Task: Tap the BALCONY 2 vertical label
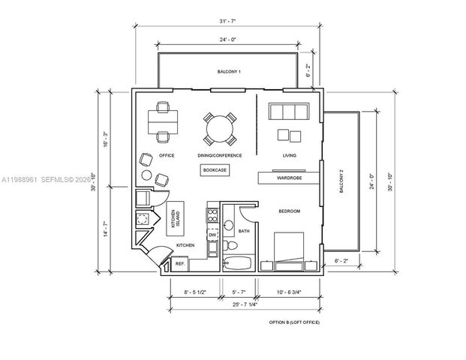click(341, 181)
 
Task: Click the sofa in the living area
click(288, 112)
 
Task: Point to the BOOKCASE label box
click(215, 170)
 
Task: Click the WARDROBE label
click(289, 178)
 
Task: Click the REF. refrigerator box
click(180, 264)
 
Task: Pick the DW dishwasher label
click(212, 235)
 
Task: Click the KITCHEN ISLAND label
click(175, 218)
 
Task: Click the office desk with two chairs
click(162, 120)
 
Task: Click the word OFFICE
click(167, 155)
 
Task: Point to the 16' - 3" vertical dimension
click(103, 140)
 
